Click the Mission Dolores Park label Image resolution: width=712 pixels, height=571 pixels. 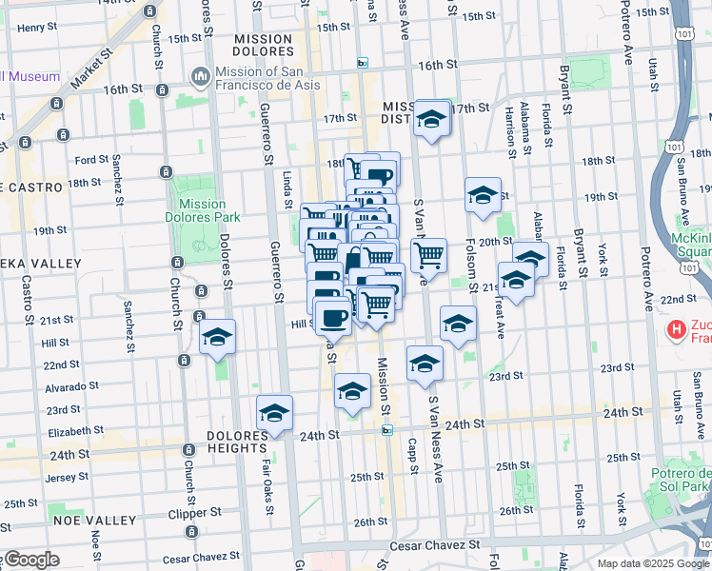(x=202, y=210)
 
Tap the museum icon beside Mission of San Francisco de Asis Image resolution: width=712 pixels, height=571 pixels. (x=201, y=76)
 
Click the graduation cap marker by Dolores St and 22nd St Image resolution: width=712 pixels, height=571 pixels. (x=218, y=337)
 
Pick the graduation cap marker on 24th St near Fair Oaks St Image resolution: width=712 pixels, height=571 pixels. (x=275, y=413)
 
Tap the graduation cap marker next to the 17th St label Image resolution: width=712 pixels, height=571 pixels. (x=432, y=119)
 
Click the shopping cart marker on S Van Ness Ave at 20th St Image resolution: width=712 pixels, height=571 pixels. (x=429, y=255)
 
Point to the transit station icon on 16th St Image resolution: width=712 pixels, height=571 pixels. (x=362, y=63)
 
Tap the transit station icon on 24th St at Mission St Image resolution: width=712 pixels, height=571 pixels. (x=387, y=430)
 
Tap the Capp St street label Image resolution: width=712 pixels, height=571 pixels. (x=413, y=456)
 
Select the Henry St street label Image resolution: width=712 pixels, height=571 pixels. (x=37, y=28)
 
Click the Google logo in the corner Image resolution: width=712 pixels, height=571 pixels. (x=30, y=560)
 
